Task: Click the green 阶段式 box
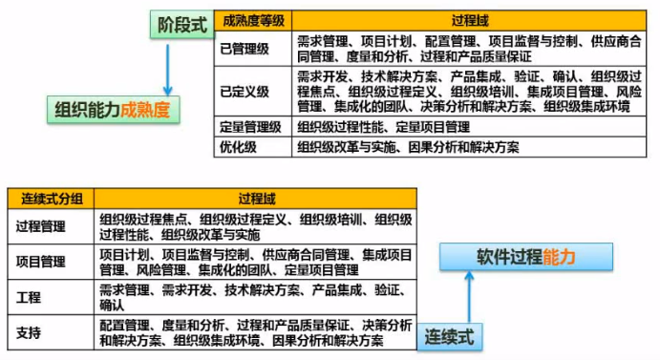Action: point(180,26)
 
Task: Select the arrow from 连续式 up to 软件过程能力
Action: point(468,298)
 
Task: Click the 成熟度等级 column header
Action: point(252,20)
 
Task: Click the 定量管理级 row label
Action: point(250,126)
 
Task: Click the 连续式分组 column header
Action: point(52,199)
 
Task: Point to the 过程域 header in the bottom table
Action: point(256,199)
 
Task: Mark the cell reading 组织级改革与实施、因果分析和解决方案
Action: point(408,147)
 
